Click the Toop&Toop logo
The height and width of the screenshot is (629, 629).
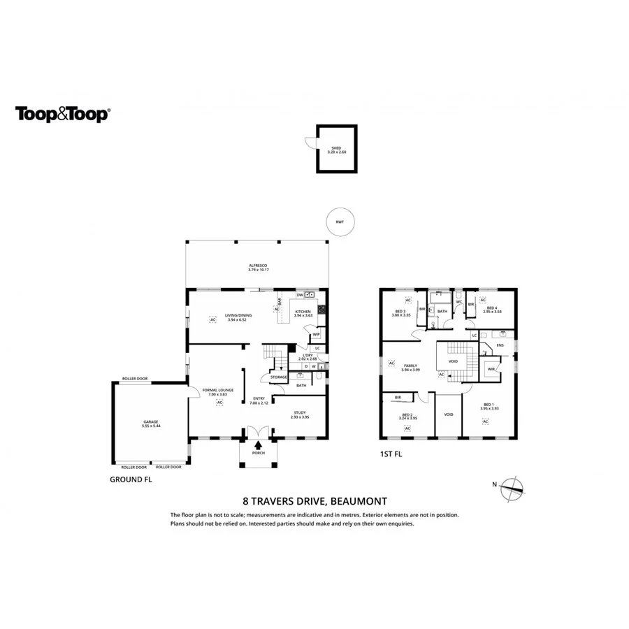click(x=62, y=114)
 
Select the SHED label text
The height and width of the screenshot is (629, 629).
click(x=336, y=147)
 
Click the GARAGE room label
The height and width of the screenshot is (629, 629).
click(x=151, y=421)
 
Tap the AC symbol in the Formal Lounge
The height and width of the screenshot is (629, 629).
click(x=219, y=403)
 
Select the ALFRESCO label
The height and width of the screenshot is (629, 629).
click(x=259, y=266)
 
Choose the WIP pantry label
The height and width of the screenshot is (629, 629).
click(x=316, y=334)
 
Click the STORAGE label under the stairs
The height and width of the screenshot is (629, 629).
click(x=278, y=377)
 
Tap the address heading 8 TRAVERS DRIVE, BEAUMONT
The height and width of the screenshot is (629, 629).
click(x=314, y=500)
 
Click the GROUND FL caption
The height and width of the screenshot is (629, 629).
click(x=131, y=480)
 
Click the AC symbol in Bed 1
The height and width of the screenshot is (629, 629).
click(x=484, y=421)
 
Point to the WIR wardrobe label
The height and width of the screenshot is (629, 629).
click(x=491, y=369)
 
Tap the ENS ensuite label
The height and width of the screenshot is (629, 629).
click(x=500, y=345)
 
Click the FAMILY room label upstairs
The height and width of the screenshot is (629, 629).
click(x=410, y=366)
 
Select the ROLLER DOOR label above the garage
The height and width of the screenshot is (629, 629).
click(x=135, y=379)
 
